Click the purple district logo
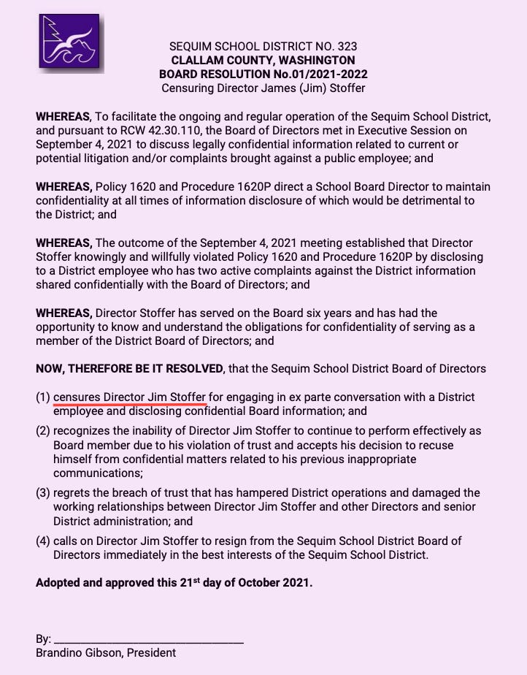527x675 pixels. point(69,41)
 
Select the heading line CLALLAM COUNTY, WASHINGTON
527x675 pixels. point(263,60)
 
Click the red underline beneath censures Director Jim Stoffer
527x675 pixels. point(130,403)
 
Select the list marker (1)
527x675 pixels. point(43,397)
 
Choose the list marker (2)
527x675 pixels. point(43,431)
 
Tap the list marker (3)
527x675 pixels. point(43,493)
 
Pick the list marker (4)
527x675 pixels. point(43,541)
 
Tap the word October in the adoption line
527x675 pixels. point(250,584)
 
